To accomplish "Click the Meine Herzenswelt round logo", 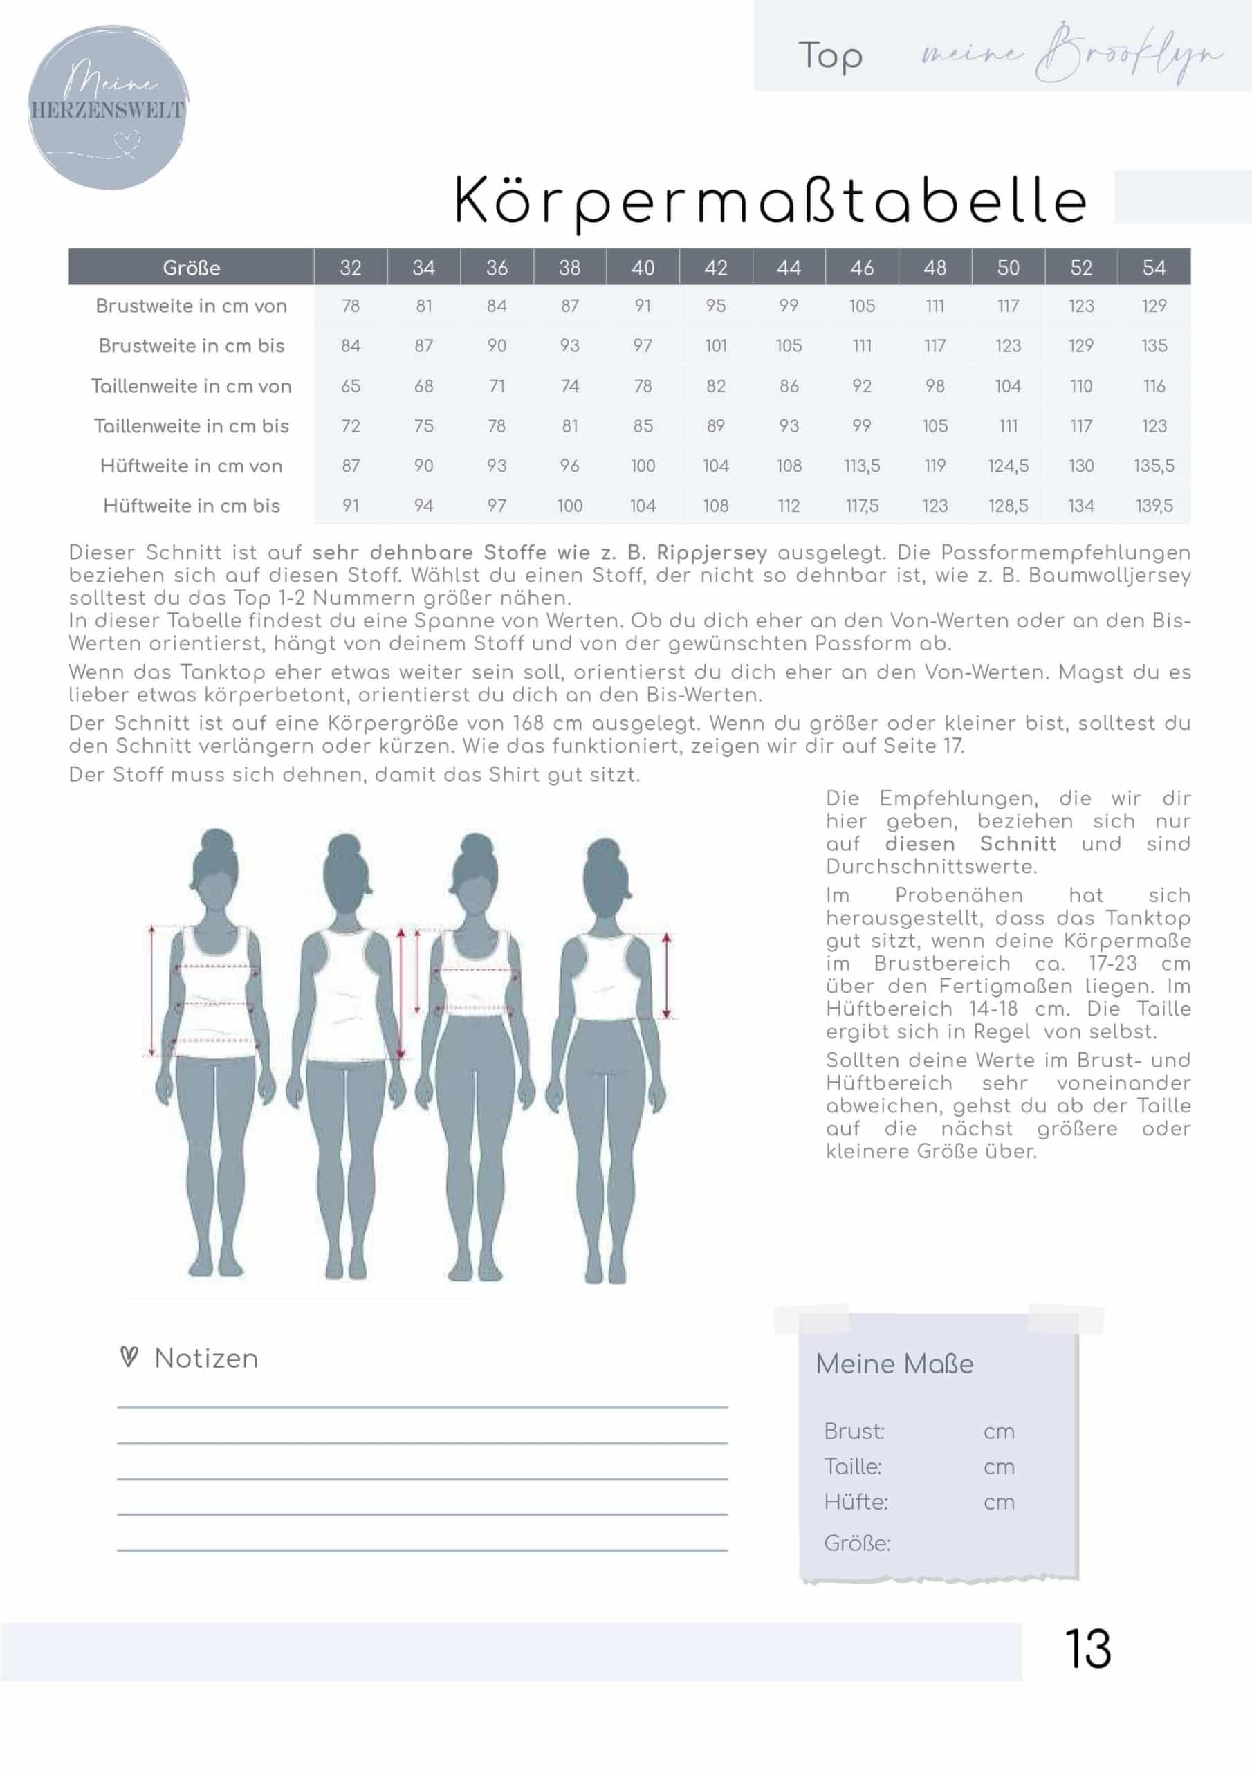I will coord(108,108).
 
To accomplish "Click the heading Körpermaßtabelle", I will coord(770,201).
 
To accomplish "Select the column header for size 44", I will coord(789,268).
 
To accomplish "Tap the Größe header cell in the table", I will coord(192,268).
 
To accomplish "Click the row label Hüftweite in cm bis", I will coord(192,506).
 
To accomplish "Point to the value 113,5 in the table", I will coord(862,466).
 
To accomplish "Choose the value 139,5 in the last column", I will coord(1154,506).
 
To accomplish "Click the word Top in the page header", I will coord(830,56).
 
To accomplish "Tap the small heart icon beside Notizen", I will coord(129,1357).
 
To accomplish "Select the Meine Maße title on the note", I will coord(894,1364).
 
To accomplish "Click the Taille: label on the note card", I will coord(852,1467).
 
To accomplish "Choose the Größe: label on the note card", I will coord(857,1543).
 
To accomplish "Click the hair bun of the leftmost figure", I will coord(217,843).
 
